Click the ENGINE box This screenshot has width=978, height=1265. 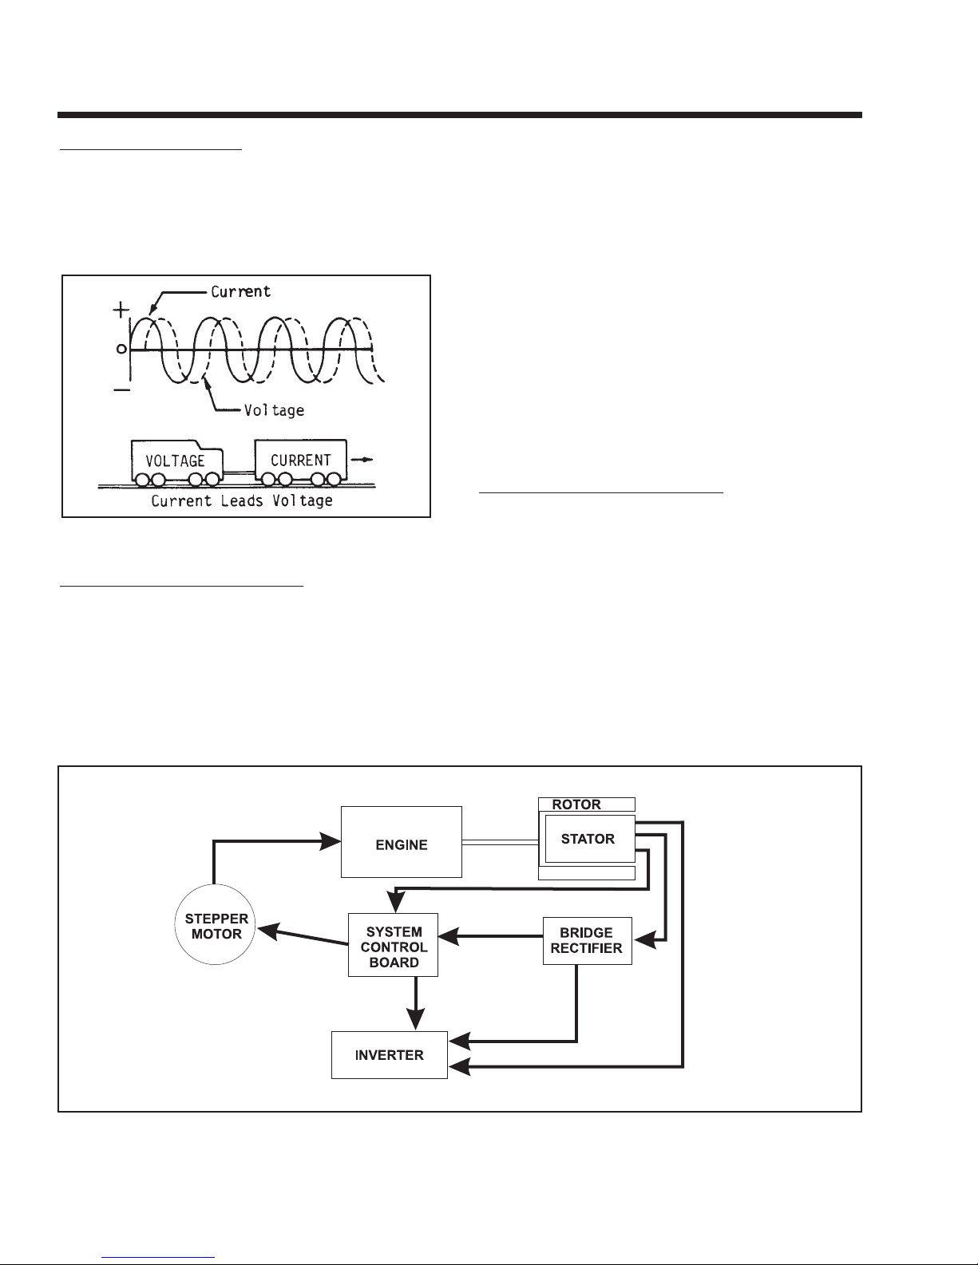(401, 841)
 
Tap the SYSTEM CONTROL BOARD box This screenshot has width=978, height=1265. (394, 945)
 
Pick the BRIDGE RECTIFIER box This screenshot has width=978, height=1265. (587, 941)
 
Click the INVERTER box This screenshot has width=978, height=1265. (389, 1054)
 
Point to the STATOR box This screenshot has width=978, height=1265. (588, 839)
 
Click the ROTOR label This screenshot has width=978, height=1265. (577, 804)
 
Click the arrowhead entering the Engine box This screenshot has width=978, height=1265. (331, 840)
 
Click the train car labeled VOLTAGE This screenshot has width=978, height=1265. (176, 461)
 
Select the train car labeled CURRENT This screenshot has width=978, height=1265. (300, 460)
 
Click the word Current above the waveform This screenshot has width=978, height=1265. (240, 291)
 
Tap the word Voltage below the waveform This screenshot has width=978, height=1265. (274, 410)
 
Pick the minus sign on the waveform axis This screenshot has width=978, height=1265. (120, 388)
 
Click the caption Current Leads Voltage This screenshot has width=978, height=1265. (242, 501)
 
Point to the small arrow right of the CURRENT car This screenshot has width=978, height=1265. (362, 460)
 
